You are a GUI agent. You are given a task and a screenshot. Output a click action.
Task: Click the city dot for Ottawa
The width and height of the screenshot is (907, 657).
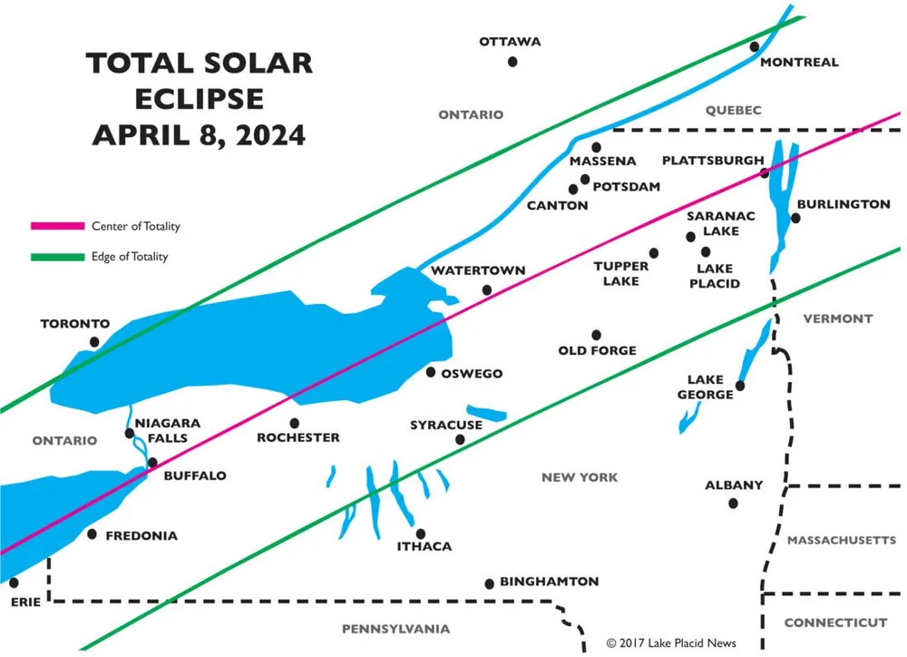click(512, 62)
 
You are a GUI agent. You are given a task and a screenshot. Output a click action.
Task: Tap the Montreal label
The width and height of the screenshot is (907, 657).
click(799, 63)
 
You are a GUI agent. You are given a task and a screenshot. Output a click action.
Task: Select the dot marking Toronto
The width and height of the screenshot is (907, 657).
click(94, 342)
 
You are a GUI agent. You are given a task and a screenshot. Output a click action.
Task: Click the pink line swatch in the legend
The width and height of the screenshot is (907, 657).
click(56, 226)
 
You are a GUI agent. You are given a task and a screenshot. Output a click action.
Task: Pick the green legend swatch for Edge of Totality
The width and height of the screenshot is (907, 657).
click(56, 257)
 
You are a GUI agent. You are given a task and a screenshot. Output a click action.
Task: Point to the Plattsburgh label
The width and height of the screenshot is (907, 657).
click(712, 161)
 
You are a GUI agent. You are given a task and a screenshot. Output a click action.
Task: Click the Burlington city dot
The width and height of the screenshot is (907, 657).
click(796, 218)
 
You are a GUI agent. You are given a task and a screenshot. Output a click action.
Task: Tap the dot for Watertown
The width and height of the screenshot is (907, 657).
click(487, 290)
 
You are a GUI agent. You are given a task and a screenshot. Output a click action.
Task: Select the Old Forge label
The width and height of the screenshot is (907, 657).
click(597, 350)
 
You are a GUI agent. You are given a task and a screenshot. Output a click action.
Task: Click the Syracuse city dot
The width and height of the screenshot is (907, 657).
click(460, 439)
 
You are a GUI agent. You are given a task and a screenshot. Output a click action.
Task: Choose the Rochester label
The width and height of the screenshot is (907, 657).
click(298, 437)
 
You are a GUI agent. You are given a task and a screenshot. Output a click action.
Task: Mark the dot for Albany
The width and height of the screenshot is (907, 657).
click(733, 503)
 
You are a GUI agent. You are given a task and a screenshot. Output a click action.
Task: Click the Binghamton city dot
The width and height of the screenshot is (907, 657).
click(490, 583)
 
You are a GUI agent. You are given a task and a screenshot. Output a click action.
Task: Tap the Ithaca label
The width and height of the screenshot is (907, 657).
click(424, 546)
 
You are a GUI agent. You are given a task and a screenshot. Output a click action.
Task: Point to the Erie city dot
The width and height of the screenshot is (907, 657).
click(15, 582)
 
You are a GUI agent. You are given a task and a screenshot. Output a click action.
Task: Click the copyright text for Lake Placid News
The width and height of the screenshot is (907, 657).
click(671, 643)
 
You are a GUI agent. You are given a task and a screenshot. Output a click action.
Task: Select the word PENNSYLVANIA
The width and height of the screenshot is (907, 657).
click(395, 629)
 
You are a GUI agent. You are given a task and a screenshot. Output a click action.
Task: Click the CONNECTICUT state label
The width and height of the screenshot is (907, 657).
click(835, 623)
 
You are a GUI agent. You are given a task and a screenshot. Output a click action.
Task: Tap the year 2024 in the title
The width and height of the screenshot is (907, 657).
click(269, 135)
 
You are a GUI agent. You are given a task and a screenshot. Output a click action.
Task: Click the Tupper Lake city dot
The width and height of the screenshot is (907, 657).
click(653, 253)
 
